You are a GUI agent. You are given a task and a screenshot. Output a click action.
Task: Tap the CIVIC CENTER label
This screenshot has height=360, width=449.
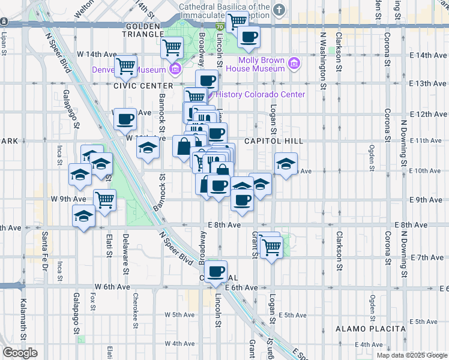click(x=135, y=86)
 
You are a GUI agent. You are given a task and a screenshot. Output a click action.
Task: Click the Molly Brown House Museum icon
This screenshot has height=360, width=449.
click(x=294, y=64)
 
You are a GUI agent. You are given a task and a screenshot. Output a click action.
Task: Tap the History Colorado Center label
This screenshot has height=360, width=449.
click(x=260, y=94)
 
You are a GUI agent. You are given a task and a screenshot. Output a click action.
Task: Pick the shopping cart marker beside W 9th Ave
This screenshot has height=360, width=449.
click(x=104, y=200)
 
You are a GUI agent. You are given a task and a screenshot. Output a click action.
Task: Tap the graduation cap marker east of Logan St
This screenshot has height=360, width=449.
click(x=286, y=163)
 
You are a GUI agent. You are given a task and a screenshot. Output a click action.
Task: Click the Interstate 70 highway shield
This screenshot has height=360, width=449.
click(x=220, y=27)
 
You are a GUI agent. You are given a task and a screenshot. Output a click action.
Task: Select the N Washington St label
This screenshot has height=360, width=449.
click(x=323, y=60)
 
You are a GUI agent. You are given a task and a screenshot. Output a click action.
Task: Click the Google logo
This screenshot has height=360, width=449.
click(x=20, y=353)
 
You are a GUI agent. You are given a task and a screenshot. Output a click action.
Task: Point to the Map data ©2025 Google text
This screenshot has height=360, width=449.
click(x=412, y=355)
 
